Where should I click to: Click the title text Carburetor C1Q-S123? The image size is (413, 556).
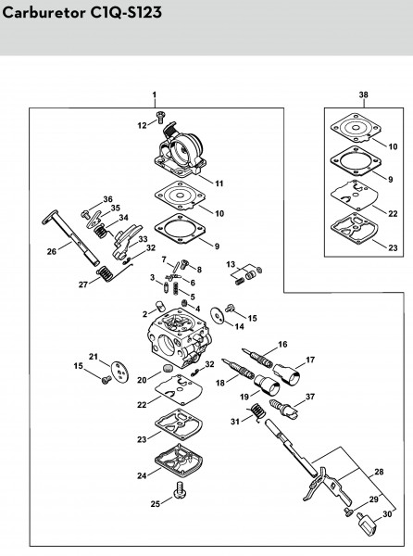coord(81,13)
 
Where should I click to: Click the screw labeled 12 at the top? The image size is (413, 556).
coord(160,118)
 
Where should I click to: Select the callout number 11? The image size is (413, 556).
coord(219,183)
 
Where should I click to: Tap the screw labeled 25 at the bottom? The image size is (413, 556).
coord(180,491)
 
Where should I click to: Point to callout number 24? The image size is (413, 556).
coord(142,475)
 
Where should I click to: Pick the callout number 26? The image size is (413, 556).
coord(52,251)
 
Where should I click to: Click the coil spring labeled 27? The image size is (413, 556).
coord(106,273)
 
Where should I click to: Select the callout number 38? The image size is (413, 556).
coord(363,95)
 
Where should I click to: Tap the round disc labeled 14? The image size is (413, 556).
coord(217,315)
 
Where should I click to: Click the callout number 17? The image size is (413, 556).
coord(310,360)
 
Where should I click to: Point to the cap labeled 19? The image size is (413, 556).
coord(267,385)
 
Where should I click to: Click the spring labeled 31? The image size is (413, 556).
coord(258,411)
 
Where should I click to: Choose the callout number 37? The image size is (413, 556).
coord(310,397)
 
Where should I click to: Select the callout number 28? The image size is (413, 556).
coord(379,472)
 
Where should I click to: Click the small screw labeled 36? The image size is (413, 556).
coord(85,214)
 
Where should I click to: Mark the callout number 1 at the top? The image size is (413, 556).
coord(155,95)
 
